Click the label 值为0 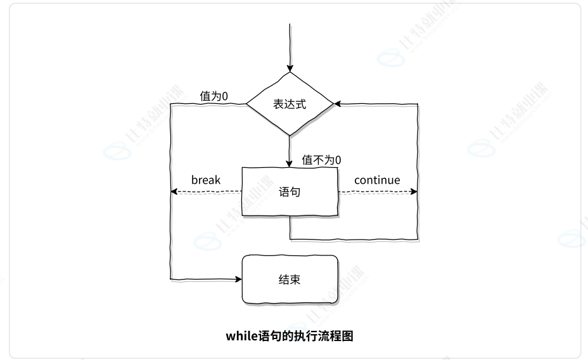[214, 96]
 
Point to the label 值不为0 [321, 160]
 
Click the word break [206, 180]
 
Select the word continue [377, 180]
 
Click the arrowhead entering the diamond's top [290, 67]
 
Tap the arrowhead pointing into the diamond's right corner [338, 103]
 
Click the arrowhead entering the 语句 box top [290, 164]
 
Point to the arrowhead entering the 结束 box [239, 279]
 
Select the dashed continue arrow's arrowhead [414, 191]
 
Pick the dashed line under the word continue [377, 191]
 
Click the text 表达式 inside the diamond [290, 105]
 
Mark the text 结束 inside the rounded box [290, 280]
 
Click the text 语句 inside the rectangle [290, 191]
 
